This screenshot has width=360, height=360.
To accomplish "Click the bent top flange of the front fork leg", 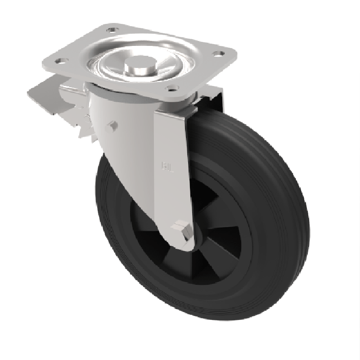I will (175, 112).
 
